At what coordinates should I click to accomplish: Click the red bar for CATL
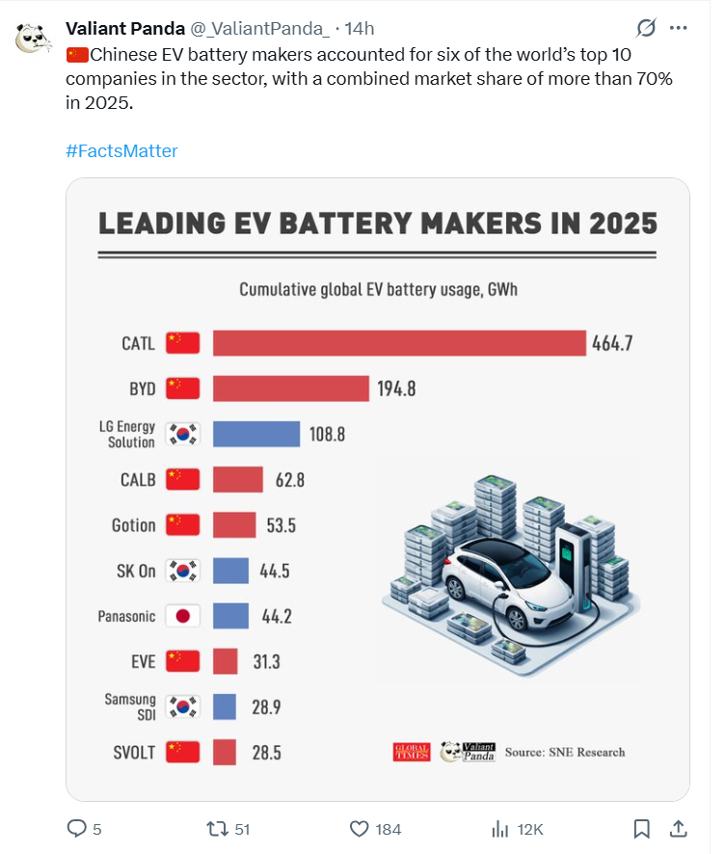pyautogui.click(x=399, y=343)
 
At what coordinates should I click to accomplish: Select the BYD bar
pyautogui.click(x=290, y=388)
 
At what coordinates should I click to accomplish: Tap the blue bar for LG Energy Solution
pyautogui.click(x=255, y=434)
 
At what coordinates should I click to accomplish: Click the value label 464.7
pyautogui.click(x=612, y=343)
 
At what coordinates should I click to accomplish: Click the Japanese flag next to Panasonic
pyautogui.click(x=182, y=616)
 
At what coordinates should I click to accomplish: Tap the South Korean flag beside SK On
pyautogui.click(x=182, y=571)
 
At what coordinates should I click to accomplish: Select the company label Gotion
pyautogui.click(x=133, y=525)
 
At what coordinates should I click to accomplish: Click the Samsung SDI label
pyautogui.click(x=129, y=707)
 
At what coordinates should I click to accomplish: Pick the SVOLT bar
pyautogui.click(x=225, y=752)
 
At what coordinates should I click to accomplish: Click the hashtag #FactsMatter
pyautogui.click(x=121, y=151)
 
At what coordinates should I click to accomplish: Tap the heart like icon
pyautogui.click(x=360, y=829)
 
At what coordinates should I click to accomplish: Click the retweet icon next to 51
pyautogui.click(x=218, y=829)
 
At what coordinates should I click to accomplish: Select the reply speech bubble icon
pyautogui.click(x=77, y=829)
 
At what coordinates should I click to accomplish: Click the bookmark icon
pyautogui.click(x=641, y=829)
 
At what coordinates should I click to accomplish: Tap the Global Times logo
pyautogui.click(x=412, y=752)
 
